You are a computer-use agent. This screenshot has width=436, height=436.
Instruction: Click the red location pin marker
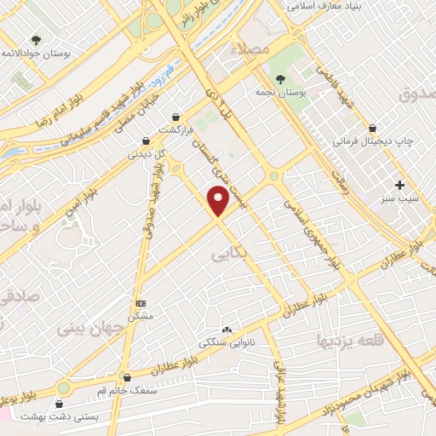[220, 201]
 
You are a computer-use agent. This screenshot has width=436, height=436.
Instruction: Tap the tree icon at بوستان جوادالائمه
[37, 39]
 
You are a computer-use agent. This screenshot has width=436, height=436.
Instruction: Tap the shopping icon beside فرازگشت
[176, 117]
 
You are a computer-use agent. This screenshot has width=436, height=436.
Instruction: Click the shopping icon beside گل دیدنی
[146, 141]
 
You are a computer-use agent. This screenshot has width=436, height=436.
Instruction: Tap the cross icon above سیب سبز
[401, 185]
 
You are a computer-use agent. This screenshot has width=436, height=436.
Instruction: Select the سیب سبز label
[403, 199]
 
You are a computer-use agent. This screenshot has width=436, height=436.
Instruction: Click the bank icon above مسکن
[141, 303]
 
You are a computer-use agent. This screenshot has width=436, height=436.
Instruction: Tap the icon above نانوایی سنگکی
[226, 330]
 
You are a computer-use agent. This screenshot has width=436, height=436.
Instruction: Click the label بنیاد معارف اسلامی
[326, 5]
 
